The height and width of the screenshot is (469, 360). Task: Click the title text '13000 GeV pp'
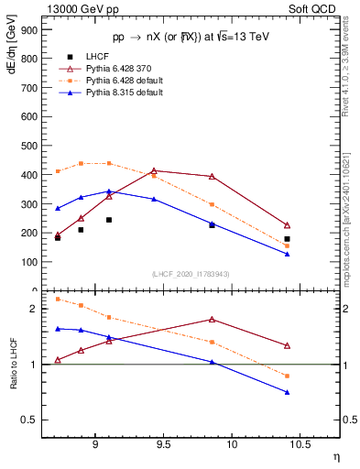point(73,7)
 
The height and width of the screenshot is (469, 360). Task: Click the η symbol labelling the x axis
point(335,456)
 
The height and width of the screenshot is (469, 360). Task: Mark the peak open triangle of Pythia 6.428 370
point(154,170)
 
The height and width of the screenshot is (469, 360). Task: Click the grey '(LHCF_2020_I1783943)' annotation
point(190,274)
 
